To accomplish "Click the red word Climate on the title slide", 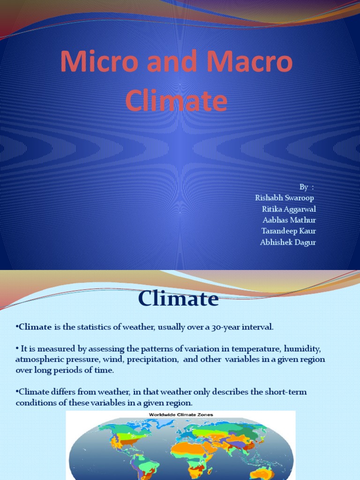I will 177,101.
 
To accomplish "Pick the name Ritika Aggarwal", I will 289,209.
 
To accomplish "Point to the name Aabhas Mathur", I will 289,220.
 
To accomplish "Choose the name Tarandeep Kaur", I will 288,231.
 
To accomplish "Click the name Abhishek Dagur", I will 288,242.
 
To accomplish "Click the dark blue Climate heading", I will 178,299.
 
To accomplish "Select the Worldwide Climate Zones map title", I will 181,415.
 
